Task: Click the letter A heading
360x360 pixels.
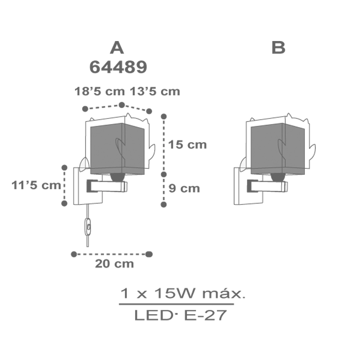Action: tap(117, 48)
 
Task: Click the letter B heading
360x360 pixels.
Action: tap(278, 48)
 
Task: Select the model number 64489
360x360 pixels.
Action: tap(118, 67)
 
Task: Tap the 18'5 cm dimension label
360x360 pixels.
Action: tap(99, 91)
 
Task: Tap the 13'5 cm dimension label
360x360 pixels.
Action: tap(155, 91)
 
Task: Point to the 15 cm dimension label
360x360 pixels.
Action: tap(187, 145)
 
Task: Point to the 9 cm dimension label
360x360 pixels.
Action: tap(184, 188)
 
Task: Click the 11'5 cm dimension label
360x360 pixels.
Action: tap(36, 185)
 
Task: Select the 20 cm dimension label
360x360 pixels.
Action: tap(114, 264)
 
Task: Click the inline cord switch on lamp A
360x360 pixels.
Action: tap(88, 227)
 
